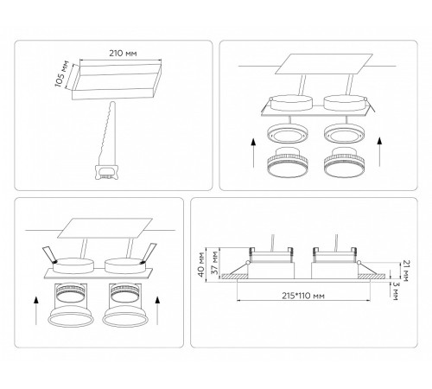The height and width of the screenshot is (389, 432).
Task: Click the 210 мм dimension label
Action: point(123,54)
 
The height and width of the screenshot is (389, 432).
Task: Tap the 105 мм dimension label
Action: point(62,73)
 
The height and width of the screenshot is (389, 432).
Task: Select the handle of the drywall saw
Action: point(106,172)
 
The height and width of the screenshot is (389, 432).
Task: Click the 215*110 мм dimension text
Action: point(303,296)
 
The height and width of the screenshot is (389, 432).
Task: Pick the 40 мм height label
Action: point(201,265)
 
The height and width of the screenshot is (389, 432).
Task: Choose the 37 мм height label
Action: point(214,265)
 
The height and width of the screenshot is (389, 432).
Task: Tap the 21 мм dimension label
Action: point(406,271)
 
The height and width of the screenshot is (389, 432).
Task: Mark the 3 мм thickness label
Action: point(394,291)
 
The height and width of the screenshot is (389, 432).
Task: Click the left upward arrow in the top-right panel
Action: point(253,153)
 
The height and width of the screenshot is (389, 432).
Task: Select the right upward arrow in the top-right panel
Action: point(379,152)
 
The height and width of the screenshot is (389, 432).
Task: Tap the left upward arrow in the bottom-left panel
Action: point(36,311)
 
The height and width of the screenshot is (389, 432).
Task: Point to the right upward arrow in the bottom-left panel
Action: point(157,311)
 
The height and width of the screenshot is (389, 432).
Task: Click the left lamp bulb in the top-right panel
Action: point(289,163)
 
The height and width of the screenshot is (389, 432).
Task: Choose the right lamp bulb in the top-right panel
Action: point(345,163)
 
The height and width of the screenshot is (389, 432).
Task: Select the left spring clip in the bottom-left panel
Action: point(49,255)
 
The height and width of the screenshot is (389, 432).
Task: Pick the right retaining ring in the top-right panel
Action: point(345,133)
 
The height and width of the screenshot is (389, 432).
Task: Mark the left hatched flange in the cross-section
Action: point(234,276)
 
